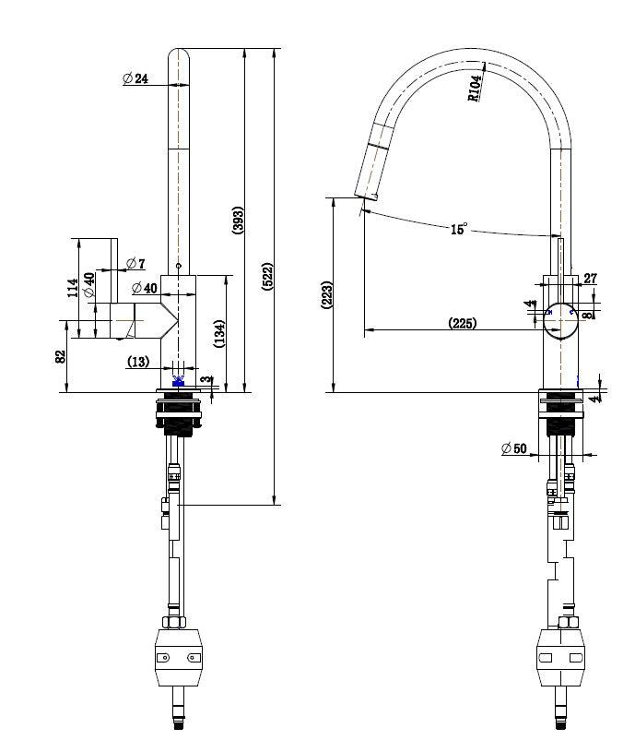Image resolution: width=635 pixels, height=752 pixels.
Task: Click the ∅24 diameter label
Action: (135, 79)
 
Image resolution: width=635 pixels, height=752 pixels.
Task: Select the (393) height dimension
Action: (237, 219)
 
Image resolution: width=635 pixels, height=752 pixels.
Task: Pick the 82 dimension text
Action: (60, 357)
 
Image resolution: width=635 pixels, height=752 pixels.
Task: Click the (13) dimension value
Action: (138, 363)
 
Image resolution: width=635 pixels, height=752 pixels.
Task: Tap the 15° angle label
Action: (458, 230)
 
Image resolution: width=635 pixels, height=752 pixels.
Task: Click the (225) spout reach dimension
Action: (462, 323)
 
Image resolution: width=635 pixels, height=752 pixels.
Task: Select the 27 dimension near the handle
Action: (591, 279)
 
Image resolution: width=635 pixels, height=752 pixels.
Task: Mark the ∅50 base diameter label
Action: (514, 448)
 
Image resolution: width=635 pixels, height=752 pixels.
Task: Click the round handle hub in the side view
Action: (559, 319)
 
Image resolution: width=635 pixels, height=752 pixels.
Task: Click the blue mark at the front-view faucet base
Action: (179, 380)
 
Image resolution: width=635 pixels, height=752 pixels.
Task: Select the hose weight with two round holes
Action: (179, 656)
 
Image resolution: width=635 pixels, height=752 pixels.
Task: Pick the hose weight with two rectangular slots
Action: (559, 656)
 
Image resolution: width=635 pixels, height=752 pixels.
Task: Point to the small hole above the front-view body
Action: (179, 266)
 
